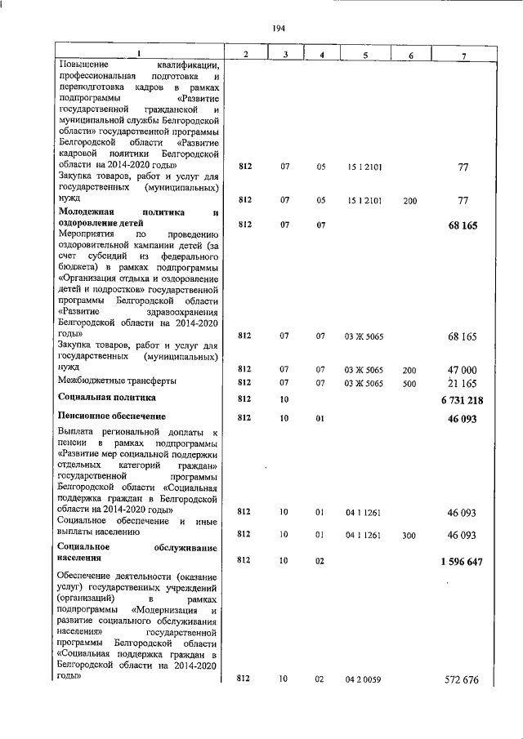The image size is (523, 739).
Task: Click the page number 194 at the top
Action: coord(278,29)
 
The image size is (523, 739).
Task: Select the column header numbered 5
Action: coord(364,54)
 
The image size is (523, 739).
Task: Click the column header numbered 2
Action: coord(245,54)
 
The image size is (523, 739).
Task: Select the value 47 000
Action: coord(462,370)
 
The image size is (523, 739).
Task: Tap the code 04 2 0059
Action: coord(364,679)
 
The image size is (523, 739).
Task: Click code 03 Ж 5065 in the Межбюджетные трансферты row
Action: coord(364,382)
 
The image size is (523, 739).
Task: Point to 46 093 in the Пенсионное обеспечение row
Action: coord(462,418)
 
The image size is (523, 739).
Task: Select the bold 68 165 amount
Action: coord(462,225)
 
